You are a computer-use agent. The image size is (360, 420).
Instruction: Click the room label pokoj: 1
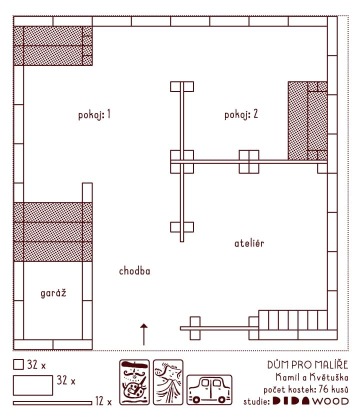click(x=94, y=115)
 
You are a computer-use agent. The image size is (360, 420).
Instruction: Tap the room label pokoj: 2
click(x=241, y=115)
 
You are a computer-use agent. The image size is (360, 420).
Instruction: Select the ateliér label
click(x=249, y=243)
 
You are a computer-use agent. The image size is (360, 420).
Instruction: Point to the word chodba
click(x=135, y=271)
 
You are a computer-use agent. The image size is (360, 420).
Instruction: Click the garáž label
click(x=53, y=293)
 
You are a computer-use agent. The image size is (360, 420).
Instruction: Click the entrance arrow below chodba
click(x=144, y=334)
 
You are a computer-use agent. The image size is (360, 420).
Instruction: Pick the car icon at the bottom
click(x=209, y=390)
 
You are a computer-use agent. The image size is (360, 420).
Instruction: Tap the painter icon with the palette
click(x=134, y=382)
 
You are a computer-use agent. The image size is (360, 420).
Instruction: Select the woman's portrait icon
click(x=168, y=382)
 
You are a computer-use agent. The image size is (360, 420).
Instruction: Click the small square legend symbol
click(x=18, y=364)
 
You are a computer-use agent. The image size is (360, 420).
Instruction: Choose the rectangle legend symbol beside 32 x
click(x=33, y=385)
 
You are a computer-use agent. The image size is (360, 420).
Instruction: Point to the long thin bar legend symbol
click(x=52, y=403)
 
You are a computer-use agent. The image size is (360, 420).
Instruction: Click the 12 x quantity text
click(x=104, y=401)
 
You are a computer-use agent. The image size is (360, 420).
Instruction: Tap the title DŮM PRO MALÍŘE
click(x=307, y=365)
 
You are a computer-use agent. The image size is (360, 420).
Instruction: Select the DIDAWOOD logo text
click(x=311, y=401)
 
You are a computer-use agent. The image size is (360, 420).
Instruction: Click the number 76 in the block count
click(x=323, y=389)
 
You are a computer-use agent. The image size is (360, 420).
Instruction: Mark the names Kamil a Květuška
click(x=312, y=377)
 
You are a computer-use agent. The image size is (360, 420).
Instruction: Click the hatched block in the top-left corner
click(x=53, y=46)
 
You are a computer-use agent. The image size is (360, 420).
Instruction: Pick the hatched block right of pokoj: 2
click(x=308, y=121)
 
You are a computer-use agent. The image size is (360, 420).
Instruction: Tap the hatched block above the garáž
click(x=53, y=232)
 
